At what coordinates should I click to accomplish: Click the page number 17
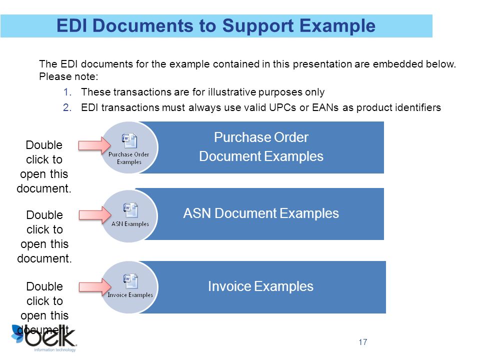pyautogui.click(x=363, y=342)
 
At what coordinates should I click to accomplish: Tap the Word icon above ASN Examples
pyautogui.click(x=130, y=210)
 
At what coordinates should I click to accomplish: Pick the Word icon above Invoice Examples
pyautogui.click(x=130, y=281)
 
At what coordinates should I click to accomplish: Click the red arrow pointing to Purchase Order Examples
pyautogui.click(x=94, y=145)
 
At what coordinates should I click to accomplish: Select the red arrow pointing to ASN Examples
pyautogui.click(x=95, y=215)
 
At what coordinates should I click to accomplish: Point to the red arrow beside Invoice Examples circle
pyautogui.click(x=95, y=286)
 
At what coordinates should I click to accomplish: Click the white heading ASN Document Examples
pyautogui.click(x=261, y=213)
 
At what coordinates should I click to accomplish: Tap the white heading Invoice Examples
pyautogui.click(x=261, y=286)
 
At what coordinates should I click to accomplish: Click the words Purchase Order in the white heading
pyautogui.click(x=261, y=137)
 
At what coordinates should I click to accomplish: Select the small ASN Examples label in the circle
pyautogui.click(x=130, y=224)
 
